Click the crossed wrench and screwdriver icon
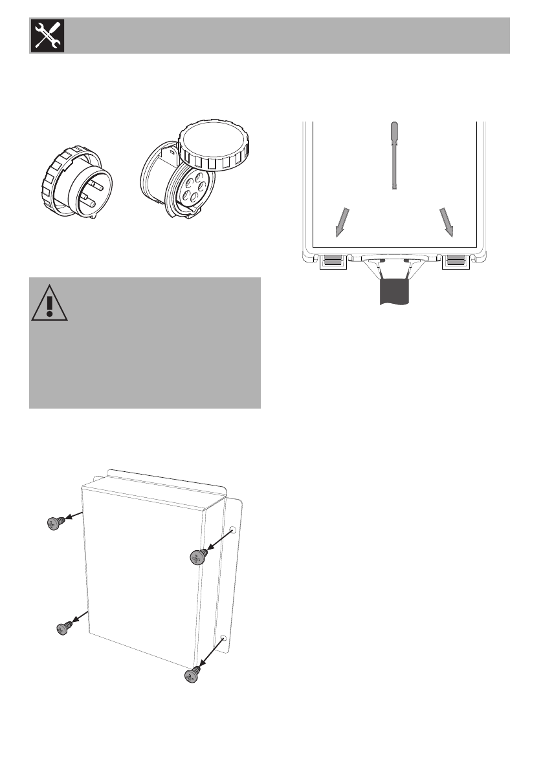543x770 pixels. point(46,36)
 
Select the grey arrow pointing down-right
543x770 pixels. point(447,222)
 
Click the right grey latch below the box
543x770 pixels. point(456,260)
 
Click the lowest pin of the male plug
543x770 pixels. point(89,206)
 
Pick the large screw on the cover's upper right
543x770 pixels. point(198,557)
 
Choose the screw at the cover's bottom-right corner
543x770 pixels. point(192,675)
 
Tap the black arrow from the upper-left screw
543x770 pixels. point(74,516)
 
